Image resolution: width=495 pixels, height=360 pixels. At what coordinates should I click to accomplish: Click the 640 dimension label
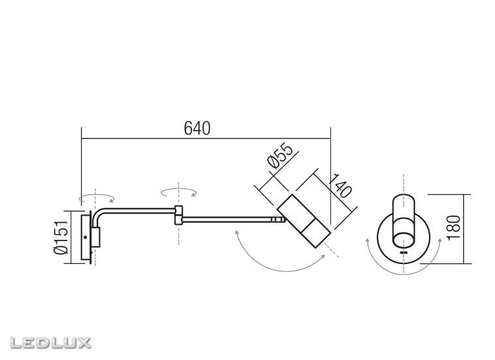[197, 129]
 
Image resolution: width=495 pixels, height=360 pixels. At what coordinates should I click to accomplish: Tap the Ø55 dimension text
[279, 159]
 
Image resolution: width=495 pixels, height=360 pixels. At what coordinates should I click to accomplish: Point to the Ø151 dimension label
[60, 236]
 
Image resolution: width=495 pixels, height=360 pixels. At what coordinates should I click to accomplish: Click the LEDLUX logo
[51, 342]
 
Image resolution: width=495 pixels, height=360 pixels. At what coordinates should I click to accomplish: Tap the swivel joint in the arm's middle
[178, 215]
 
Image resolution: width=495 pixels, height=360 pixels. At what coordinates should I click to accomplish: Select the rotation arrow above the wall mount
[96, 196]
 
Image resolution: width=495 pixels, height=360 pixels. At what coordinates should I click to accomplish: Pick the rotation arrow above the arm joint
[179, 190]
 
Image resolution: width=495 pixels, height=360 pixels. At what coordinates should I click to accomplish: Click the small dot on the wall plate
[86, 237]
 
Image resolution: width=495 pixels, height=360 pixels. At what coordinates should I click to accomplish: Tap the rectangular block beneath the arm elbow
[95, 237]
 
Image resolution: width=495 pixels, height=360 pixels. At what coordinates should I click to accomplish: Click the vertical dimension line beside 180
[465, 229]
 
